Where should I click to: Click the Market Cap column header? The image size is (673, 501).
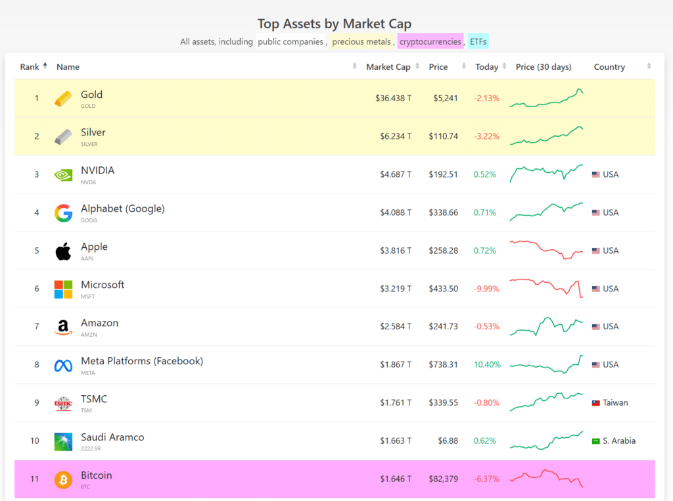(x=388, y=67)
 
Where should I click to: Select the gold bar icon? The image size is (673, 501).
(x=64, y=99)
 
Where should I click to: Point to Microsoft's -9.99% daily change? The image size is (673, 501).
(x=486, y=289)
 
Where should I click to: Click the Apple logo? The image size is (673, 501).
(x=63, y=251)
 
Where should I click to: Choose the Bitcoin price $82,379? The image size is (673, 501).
(x=442, y=479)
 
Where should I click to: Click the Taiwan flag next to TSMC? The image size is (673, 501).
(x=596, y=402)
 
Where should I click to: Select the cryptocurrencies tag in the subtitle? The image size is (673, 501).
(x=430, y=41)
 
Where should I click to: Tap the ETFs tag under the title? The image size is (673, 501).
(x=478, y=41)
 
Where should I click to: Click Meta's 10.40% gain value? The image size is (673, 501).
(x=487, y=364)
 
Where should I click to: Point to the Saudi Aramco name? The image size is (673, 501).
(x=112, y=437)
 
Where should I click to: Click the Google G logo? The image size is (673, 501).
(x=63, y=212)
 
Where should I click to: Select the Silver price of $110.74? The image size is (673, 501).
(x=443, y=136)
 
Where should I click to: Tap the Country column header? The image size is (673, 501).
(x=609, y=67)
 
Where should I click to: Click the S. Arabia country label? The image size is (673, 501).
(x=619, y=441)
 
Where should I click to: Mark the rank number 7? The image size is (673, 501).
(x=37, y=326)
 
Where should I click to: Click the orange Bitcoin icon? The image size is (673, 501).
(x=63, y=479)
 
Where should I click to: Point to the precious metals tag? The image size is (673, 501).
(x=361, y=41)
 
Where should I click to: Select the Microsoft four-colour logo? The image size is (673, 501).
(x=63, y=289)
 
